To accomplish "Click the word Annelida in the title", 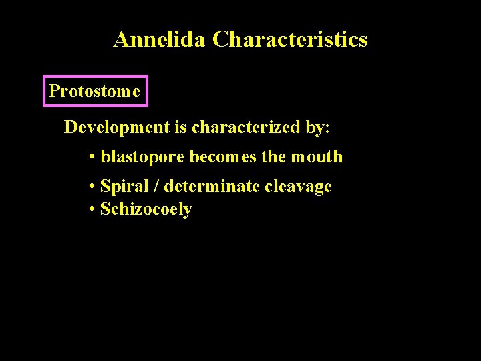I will pos(160,39).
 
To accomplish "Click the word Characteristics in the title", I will pos(290,39).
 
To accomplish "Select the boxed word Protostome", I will pos(95,91).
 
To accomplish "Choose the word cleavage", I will pos(298,187).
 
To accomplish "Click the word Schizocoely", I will pos(146,209).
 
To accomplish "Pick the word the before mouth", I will pos(274,157).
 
